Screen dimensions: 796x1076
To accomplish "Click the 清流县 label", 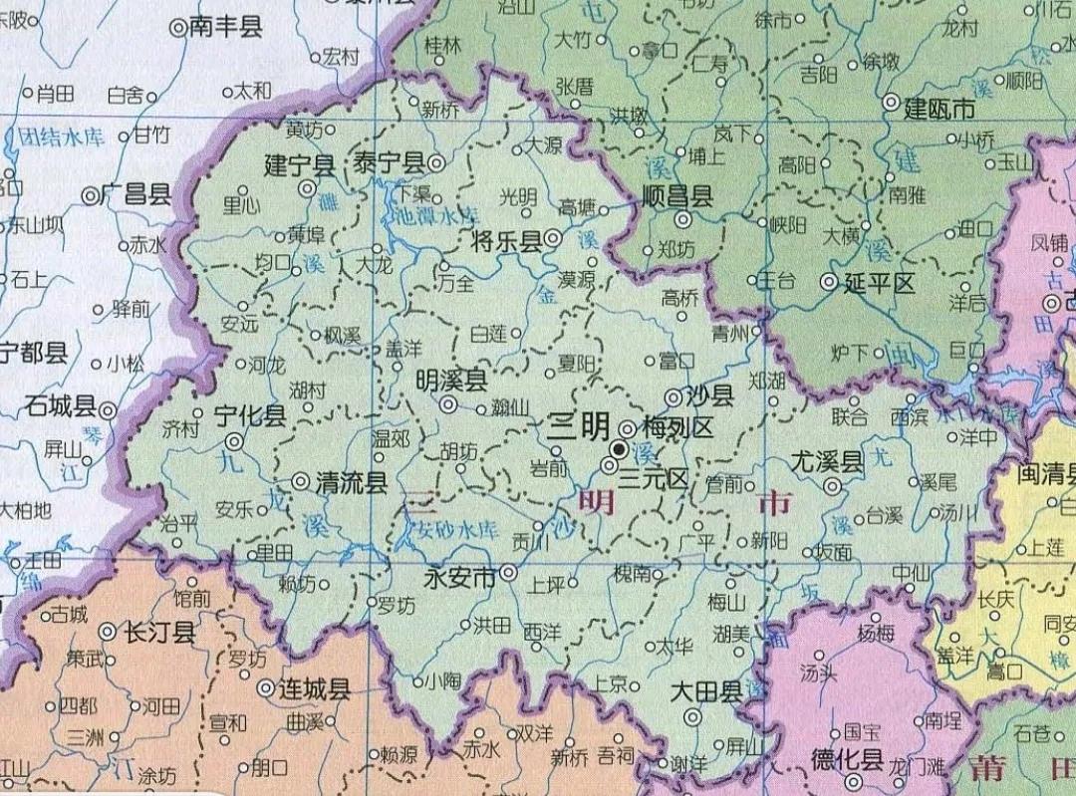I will [x=351, y=484].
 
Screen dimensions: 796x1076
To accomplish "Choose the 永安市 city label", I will [x=459, y=576].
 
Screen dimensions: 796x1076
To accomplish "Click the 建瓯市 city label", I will [x=939, y=109].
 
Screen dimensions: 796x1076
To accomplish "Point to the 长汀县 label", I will [x=158, y=633].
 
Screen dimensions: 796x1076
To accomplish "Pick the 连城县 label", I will [x=314, y=689].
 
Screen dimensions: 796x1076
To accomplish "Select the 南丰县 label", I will [x=225, y=28].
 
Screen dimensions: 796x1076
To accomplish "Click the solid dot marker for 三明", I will [x=619, y=450].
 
